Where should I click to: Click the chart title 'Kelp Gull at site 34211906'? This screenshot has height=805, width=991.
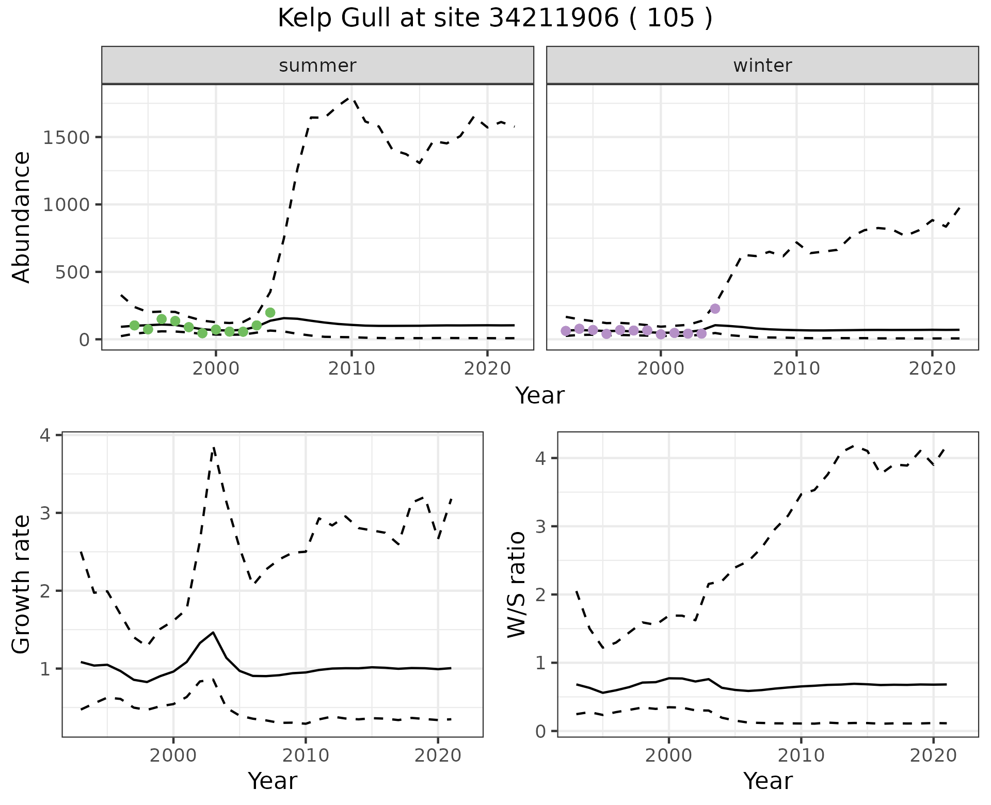pyautogui.click(x=494, y=19)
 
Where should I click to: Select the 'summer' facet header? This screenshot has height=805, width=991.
pyautogui.click(x=317, y=66)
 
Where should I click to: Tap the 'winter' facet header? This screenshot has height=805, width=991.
pyautogui.click(x=762, y=66)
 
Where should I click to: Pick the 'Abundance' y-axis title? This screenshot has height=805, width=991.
pyautogui.click(x=22, y=217)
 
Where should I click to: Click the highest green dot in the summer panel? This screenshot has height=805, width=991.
pyautogui.click(x=270, y=312)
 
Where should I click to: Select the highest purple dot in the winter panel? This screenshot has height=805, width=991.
pyautogui.click(x=715, y=309)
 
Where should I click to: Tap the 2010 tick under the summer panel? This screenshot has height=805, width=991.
pyautogui.click(x=351, y=368)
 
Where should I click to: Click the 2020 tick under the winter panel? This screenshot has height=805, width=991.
pyautogui.click(x=932, y=368)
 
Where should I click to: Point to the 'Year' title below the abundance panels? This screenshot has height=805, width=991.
pyautogui.click(x=540, y=396)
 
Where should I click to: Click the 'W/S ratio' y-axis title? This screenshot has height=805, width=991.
pyautogui.click(x=516, y=584)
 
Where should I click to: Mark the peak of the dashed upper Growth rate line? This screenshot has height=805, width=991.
pyautogui.click(x=214, y=448)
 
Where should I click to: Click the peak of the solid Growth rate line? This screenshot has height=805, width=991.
pyautogui.click(x=213, y=632)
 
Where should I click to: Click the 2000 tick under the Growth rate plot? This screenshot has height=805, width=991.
pyautogui.click(x=173, y=755)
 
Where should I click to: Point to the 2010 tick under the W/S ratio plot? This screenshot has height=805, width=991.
pyautogui.click(x=801, y=755)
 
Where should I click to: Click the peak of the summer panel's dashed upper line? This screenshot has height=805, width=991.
pyautogui.click(x=351, y=97)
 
